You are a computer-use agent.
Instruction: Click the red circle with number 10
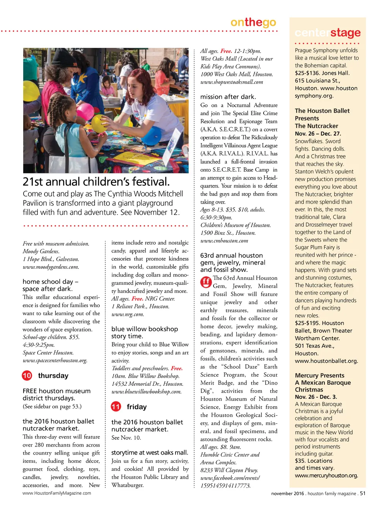[x=27, y=376]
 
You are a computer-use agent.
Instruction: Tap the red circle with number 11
[x=116, y=407]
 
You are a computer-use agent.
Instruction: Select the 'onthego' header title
[x=253, y=22]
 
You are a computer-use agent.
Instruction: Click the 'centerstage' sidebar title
[x=327, y=33]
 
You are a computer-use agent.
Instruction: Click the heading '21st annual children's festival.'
[x=96, y=181]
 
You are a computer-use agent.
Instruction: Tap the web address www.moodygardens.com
[x=51, y=267]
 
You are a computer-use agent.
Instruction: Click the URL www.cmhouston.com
[x=224, y=241]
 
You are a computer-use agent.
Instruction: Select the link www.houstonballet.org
[x=326, y=361]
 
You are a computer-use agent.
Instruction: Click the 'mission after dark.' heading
[x=228, y=97]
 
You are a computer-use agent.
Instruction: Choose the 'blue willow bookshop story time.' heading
[x=144, y=332]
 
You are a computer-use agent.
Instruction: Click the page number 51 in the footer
[x=363, y=493]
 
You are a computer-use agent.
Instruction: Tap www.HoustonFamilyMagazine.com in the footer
[x=57, y=493]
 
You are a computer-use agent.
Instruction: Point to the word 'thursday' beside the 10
[x=53, y=376]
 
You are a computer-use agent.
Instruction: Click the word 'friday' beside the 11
[x=136, y=407]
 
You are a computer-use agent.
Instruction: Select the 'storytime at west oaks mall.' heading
[x=149, y=453]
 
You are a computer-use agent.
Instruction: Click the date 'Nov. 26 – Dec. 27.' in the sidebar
[x=318, y=134]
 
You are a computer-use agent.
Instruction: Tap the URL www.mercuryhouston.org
[x=326, y=475]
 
